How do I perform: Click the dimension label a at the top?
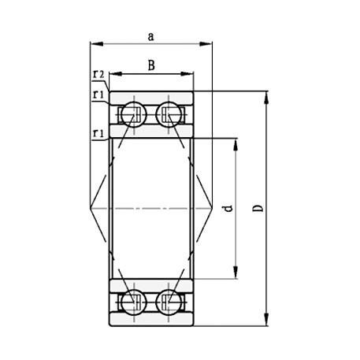click(150, 35)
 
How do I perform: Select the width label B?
click(150, 66)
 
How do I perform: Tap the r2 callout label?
click(98, 75)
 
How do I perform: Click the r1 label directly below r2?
click(98, 95)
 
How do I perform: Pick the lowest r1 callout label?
click(98, 133)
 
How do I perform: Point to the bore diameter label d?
click(227, 209)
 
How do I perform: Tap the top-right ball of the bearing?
click(169, 114)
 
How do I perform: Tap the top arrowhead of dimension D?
click(268, 96)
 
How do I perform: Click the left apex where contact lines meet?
click(91, 208)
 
